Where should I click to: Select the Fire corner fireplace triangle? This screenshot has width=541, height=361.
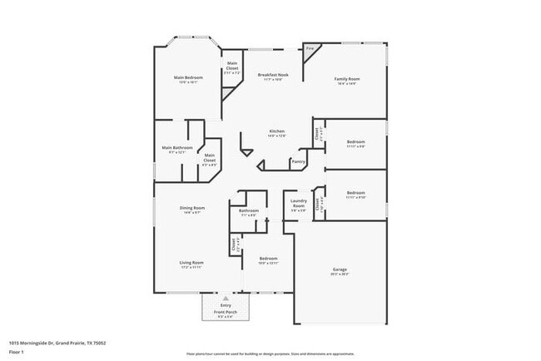coord(309,52)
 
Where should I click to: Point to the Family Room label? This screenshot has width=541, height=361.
coord(347,81)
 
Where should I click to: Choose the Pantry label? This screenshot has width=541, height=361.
coord(298,161)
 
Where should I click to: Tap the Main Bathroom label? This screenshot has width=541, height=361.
coord(176,150)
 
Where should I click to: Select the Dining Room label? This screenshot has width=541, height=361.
coord(191,210)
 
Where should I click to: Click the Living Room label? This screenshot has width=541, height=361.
coord(191,265)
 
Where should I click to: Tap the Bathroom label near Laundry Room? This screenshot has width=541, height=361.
coord(248,212)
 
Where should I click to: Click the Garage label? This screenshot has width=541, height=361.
coord(340,271)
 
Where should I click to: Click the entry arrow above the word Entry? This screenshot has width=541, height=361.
coord(226,298)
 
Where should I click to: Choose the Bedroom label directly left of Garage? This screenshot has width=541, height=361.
coord(267,260)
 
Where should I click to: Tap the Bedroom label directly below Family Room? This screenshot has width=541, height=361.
coord(355,143)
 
